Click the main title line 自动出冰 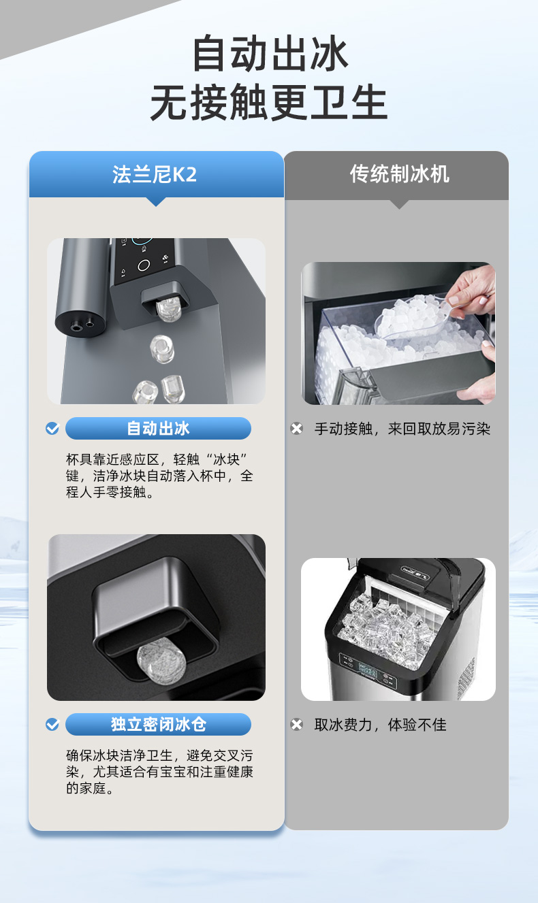pos(270,54)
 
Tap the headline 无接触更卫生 pos(268,102)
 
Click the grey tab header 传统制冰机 pos(399,174)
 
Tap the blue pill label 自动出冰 pos(158,428)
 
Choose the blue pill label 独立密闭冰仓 pos(158,724)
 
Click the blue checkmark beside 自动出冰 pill pos(52,428)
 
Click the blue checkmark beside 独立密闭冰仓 pos(52,725)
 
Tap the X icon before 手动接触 pos(297,428)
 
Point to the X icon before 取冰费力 pos(297,725)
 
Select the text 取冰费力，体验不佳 pos(380,725)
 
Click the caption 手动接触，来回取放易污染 pos(402,429)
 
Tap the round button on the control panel pos(144,265)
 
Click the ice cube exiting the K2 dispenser pos(168,310)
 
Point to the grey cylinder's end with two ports pos(80,325)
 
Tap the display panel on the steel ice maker pos(368,669)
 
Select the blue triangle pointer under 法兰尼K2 pos(156,201)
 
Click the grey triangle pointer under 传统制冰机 pos(399,204)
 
